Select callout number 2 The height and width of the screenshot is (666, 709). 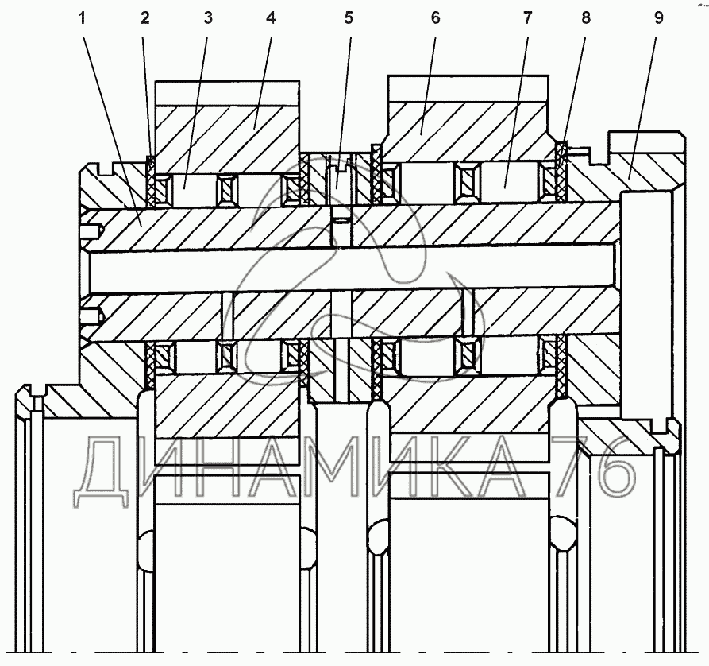tap(144, 19)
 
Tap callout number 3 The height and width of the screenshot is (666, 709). tap(207, 19)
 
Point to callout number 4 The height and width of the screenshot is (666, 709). tap(271, 19)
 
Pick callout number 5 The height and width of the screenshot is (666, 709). tap(349, 19)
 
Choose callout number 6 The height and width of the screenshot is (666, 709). tap(435, 19)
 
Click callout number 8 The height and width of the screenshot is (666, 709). tap(585, 19)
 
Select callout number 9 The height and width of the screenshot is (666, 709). tap(658, 19)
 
